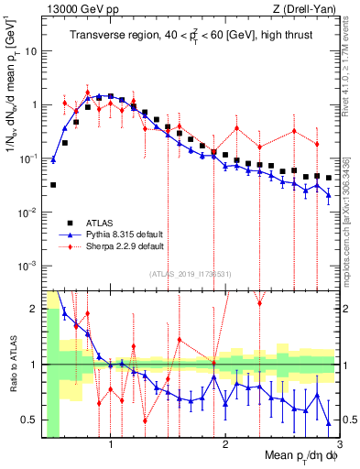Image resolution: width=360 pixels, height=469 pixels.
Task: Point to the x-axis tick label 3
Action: tap(339, 443)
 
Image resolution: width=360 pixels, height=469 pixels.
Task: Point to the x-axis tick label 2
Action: tap(225, 443)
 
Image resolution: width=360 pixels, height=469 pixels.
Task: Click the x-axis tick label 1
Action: tap(111, 443)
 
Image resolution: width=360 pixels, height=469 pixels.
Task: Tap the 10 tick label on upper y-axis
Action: tap(29, 50)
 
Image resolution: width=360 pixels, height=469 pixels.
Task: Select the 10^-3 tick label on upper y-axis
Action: tap(27, 266)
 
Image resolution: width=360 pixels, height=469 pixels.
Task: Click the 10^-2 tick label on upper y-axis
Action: tap(27, 212)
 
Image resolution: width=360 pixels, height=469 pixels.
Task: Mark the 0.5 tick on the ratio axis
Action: tap(29, 420)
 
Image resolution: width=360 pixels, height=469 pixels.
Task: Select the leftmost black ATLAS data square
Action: tap(53, 185)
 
